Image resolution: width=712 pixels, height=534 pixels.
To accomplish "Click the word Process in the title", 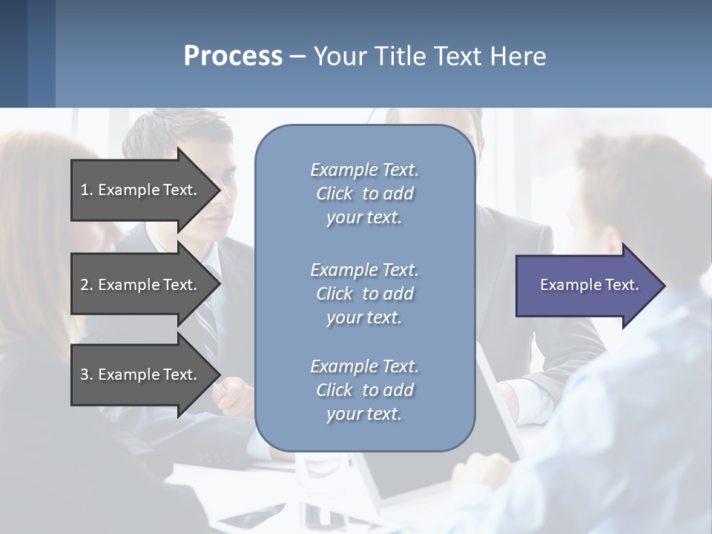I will (233, 56).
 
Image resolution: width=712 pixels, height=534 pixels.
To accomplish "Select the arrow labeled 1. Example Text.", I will (141, 190).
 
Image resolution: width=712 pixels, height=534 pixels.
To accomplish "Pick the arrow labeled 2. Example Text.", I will (141, 285).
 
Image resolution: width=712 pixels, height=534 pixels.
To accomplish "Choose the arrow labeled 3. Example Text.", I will (141, 375).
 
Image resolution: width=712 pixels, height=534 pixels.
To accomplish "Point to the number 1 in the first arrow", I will (85, 190).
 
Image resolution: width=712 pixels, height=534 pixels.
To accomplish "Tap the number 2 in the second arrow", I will (85, 285).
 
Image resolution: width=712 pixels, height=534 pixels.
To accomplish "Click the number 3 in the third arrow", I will (85, 375).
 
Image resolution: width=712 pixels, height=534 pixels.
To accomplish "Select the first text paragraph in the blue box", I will (364, 194).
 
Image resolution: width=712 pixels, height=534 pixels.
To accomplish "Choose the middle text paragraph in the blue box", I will (364, 294).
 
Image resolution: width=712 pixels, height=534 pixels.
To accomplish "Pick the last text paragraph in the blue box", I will (364, 390).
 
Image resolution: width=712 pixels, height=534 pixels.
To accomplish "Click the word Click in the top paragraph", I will (334, 194).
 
